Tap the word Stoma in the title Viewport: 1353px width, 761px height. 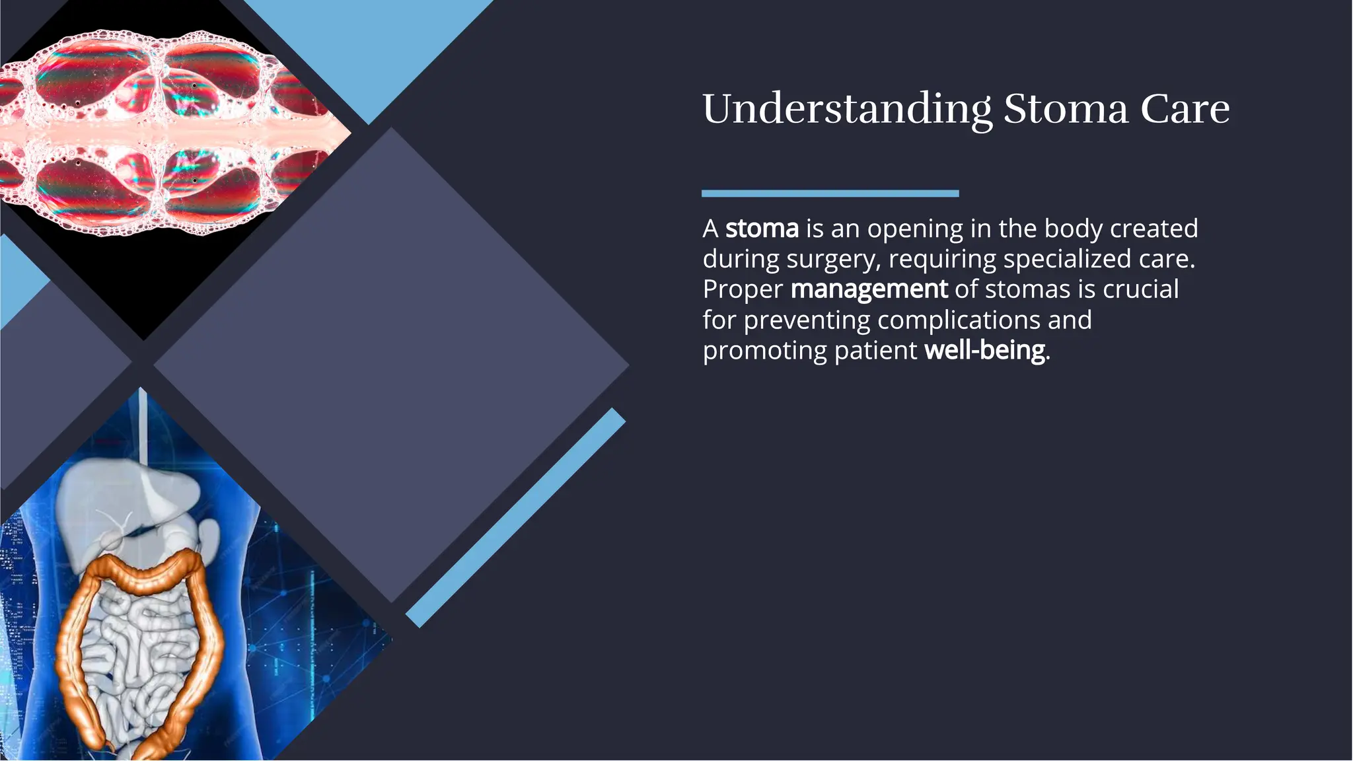click(x=1066, y=110)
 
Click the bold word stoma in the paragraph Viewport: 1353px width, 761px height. click(x=762, y=229)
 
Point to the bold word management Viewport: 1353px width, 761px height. click(x=869, y=289)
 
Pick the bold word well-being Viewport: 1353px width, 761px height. click(x=984, y=350)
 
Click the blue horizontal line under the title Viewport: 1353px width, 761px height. click(x=830, y=194)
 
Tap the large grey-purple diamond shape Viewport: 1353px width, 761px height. click(x=391, y=365)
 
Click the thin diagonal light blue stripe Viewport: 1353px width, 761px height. click(x=515, y=518)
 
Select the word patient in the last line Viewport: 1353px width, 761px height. click(x=876, y=350)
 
